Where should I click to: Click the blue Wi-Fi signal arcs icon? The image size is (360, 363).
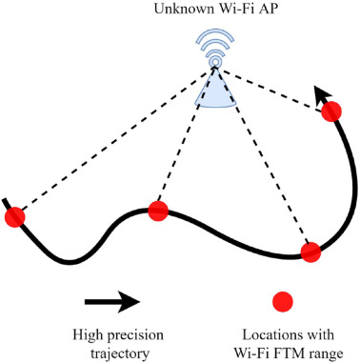point(215,48)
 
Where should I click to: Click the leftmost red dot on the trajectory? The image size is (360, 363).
point(14,217)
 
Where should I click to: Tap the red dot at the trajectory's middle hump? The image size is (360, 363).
point(158,211)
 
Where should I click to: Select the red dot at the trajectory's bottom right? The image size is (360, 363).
point(310,252)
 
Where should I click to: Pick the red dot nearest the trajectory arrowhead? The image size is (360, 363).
point(331,111)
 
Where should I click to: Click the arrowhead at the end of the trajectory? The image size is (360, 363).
point(322,94)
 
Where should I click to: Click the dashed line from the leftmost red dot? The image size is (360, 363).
point(114,140)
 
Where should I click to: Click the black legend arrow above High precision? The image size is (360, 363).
point(112,301)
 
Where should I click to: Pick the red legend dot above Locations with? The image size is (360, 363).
point(283,301)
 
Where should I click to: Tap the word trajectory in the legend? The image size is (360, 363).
point(120,353)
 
